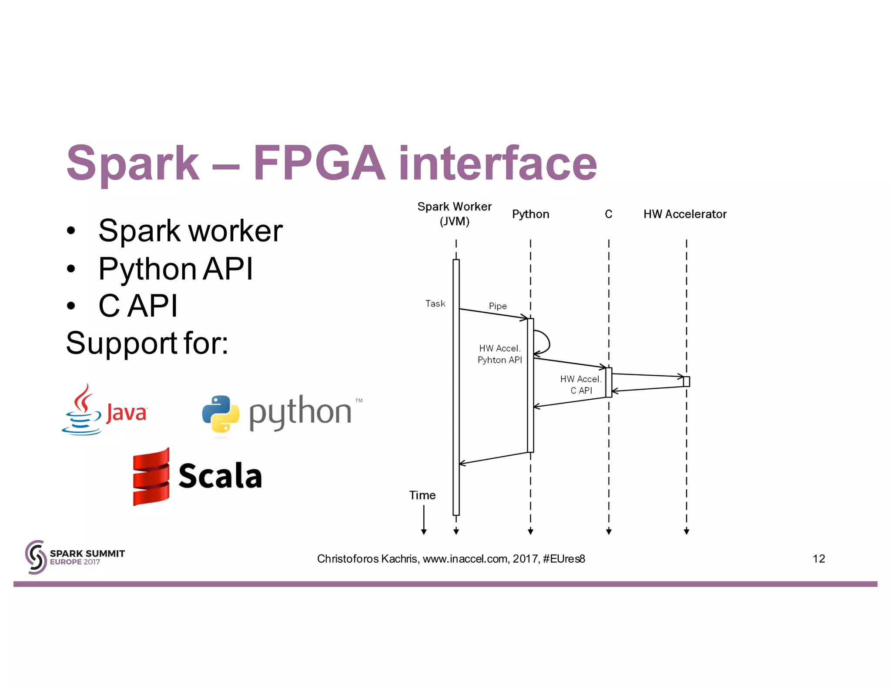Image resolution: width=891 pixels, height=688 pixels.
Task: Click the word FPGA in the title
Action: point(319,163)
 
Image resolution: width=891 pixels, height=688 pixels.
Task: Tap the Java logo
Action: point(104,410)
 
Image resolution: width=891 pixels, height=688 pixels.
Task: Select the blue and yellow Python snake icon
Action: point(221,414)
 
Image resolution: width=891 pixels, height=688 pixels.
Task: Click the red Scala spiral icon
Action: point(151,477)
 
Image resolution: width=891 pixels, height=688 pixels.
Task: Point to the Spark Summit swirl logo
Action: point(36,557)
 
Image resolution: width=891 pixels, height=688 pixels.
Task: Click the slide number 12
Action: point(818,559)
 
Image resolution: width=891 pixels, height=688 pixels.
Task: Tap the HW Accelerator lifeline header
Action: point(685,214)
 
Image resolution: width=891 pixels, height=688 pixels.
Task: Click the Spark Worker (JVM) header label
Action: point(454,214)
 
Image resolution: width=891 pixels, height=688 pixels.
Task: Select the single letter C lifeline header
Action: point(608,214)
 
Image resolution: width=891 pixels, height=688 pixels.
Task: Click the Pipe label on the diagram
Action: point(498,306)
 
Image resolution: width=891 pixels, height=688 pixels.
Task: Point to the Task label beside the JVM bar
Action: point(435,304)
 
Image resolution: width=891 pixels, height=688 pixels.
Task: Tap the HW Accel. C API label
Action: point(581,385)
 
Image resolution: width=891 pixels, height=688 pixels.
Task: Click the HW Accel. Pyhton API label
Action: point(499,354)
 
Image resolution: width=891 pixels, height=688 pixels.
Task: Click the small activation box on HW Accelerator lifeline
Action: point(686,381)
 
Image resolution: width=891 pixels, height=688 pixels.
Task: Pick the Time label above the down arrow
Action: point(422,495)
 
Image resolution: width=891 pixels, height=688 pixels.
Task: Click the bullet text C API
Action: point(138,306)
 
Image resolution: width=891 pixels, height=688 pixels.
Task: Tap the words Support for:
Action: point(147,343)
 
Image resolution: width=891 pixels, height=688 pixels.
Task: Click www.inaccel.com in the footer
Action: point(465,559)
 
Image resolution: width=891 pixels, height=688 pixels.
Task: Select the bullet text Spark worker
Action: point(190,230)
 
